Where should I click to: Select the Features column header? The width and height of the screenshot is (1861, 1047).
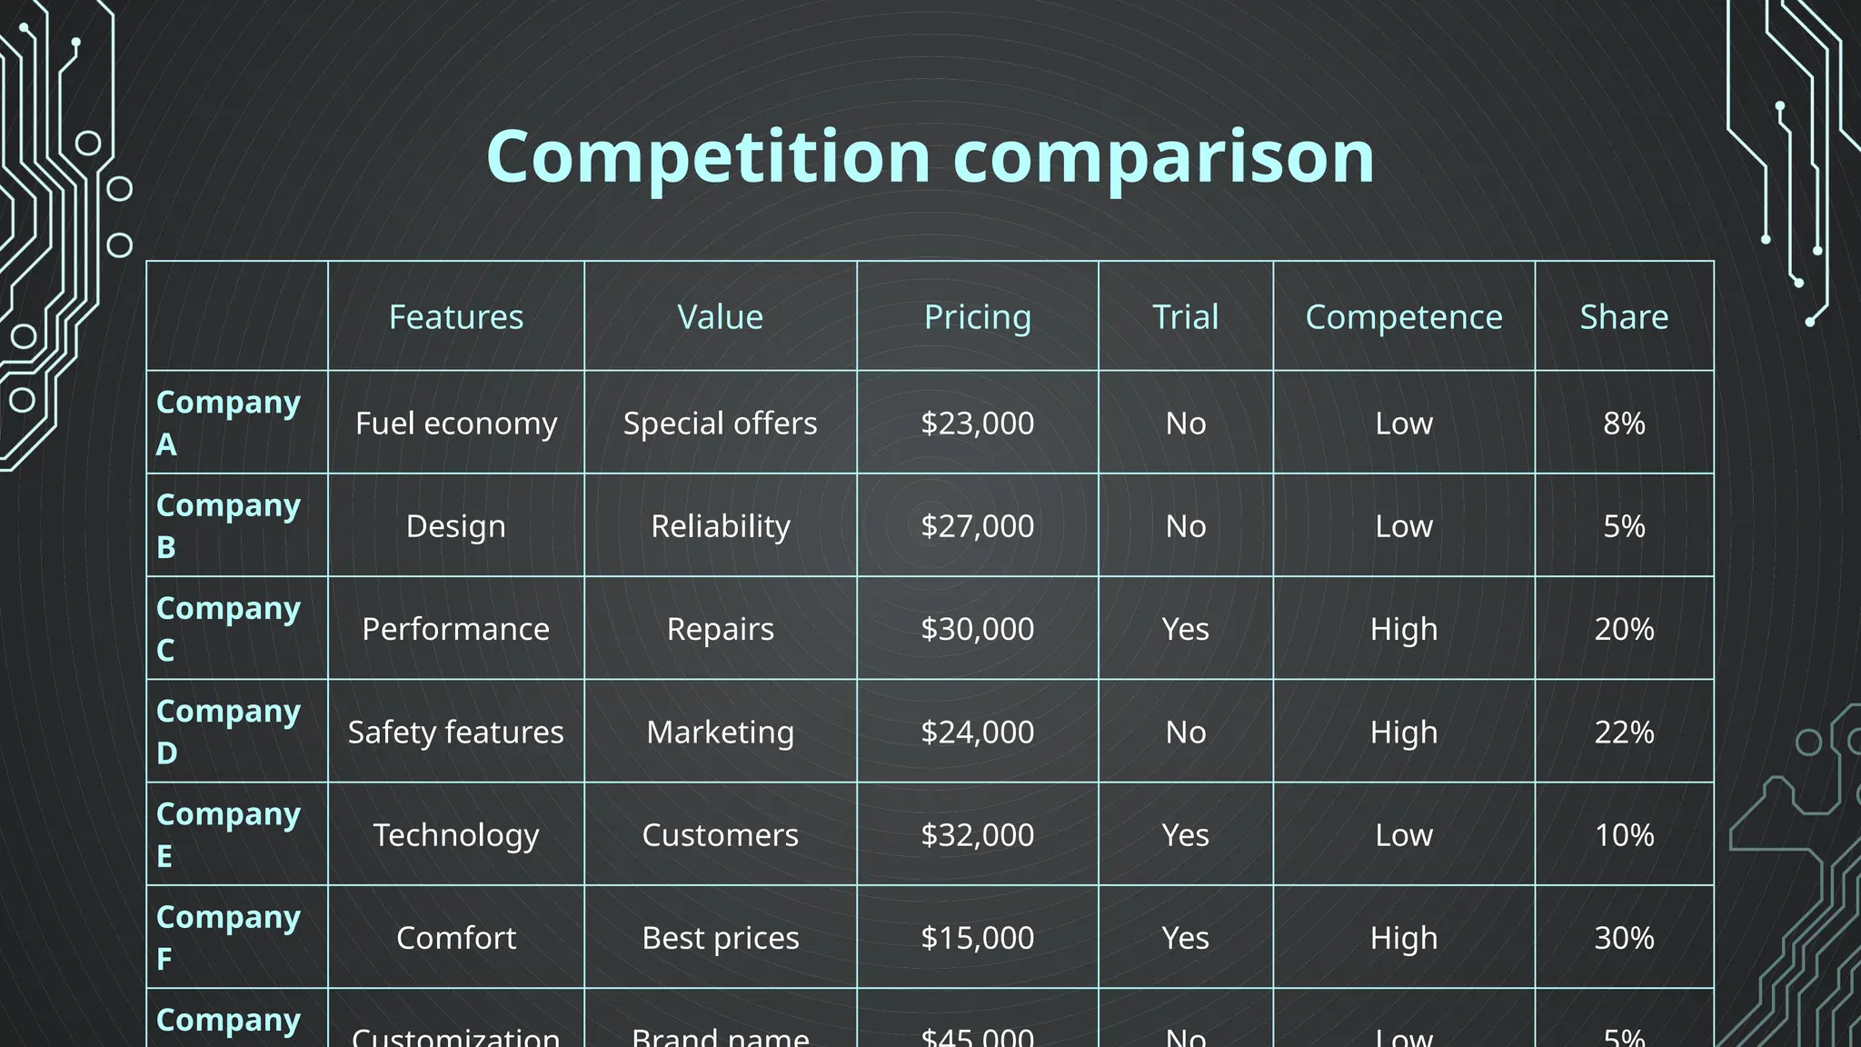pos(455,317)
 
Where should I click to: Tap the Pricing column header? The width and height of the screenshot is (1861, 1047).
pos(977,317)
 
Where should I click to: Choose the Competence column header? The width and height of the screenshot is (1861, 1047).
pos(1403,317)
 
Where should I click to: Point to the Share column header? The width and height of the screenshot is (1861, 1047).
pos(1624,317)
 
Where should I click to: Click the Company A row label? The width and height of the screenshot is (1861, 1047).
pos(228,423)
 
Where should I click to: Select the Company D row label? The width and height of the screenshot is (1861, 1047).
pos(228,732)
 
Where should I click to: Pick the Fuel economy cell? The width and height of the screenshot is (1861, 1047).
pos(455,424)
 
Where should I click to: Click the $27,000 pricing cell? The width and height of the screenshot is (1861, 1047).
pos(977,526)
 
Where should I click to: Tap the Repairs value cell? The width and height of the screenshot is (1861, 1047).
pos(720,629)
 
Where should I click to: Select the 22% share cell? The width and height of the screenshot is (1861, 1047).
pos(1624,732)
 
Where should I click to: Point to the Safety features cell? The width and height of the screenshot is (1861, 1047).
pos(455,732)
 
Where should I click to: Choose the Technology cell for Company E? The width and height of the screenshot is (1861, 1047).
pos(455,834)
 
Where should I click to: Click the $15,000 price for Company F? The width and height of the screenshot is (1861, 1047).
pos(977,937)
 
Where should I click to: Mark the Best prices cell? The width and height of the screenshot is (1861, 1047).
pos(720,937)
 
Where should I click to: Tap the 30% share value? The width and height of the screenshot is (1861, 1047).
pos(1624,937)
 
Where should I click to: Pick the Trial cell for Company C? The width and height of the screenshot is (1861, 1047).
pos(1185,629)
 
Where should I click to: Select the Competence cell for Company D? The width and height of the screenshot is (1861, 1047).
pos(1403,732)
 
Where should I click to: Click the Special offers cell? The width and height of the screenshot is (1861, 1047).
pos(720,424)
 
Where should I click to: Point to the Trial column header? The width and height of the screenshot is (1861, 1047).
pos(1185,317)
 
